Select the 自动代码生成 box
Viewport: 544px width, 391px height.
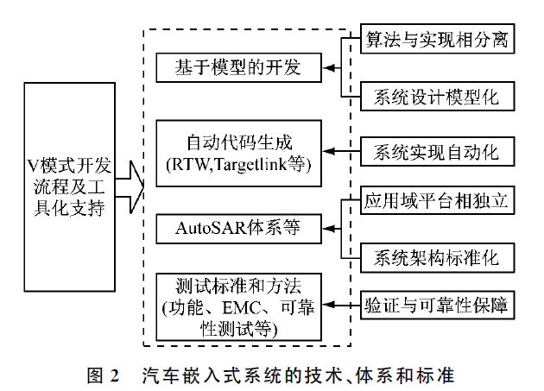tap(239, 152)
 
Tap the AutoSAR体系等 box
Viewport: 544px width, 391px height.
tap(239, 230)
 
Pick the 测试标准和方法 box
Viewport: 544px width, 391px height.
tap(239, 305)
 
